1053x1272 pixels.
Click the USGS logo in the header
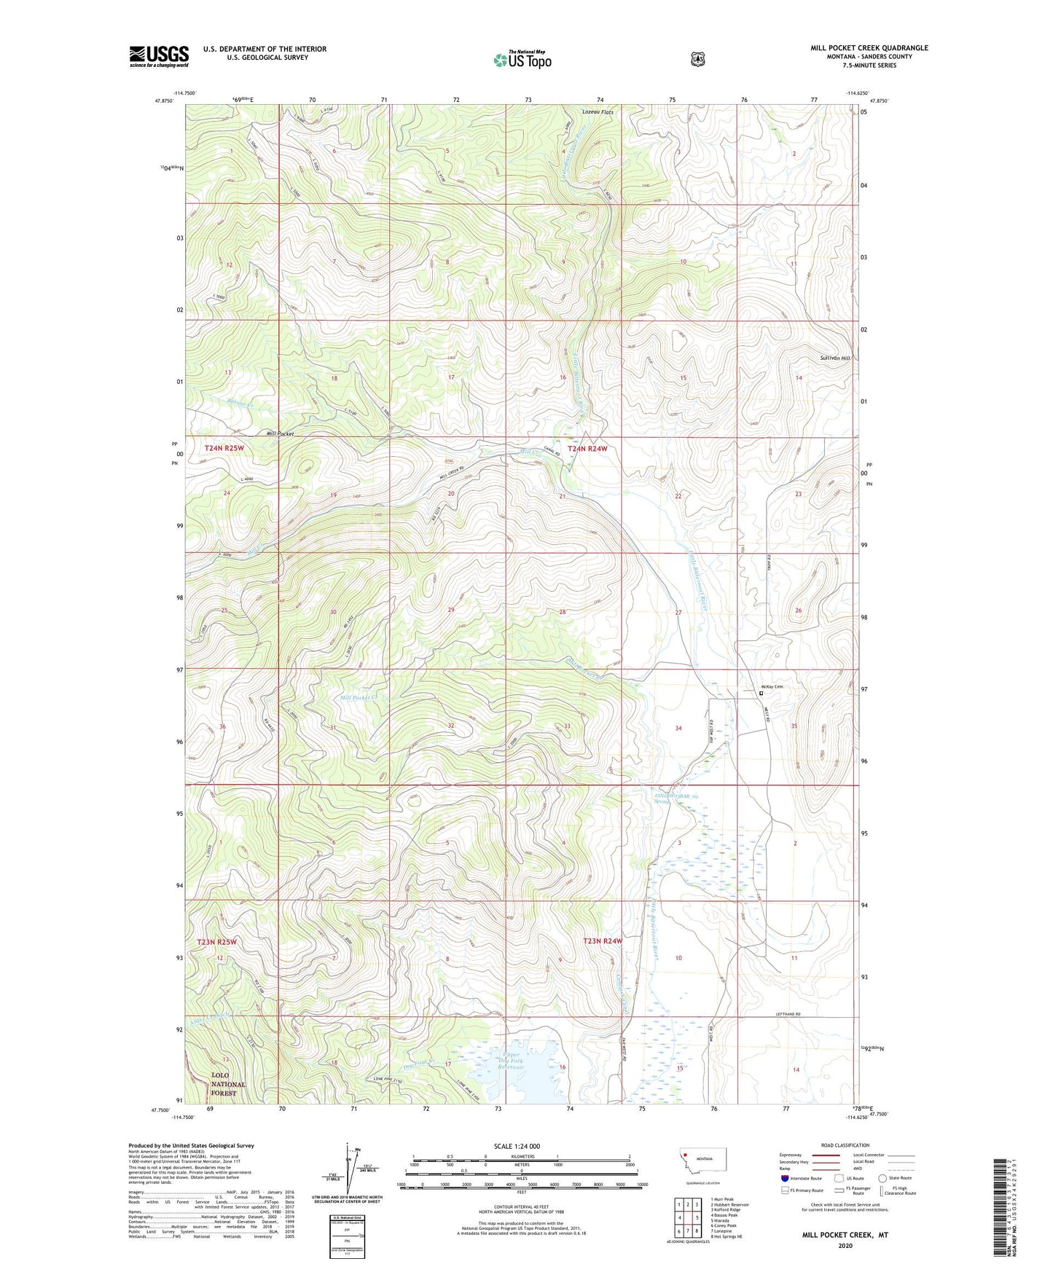[x=159, y=56]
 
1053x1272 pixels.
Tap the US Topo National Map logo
[x=521, y=60]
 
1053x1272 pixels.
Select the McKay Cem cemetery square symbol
[x=762, y=694]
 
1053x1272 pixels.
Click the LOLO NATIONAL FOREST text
[x=228, y=1084]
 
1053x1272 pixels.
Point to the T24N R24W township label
[x=587, y=449]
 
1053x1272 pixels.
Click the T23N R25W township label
[x=216, y=942]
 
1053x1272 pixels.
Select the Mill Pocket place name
[x=280, y=433]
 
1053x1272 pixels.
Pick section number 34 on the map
[x=678, y=728]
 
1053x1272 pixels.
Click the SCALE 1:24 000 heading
[x=517, y=1146]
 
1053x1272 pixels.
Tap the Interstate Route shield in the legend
[x=784, y=1178]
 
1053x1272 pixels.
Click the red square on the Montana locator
[x=686, y=1153]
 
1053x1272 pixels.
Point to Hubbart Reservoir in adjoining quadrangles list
[x=729, y=1204]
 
